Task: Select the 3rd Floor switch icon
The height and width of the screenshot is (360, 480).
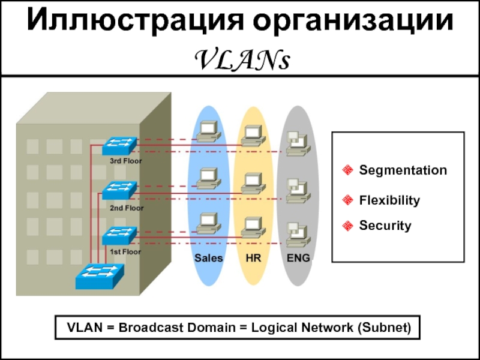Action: click(x=119, y=146)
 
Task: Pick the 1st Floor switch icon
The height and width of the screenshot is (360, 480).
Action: click(x=119, y=235)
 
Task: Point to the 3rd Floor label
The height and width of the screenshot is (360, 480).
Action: click(x=126, y=161)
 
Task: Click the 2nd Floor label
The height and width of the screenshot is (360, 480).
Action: click(x=126, y=208)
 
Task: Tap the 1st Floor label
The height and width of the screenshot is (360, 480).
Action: click(x=125, y=252)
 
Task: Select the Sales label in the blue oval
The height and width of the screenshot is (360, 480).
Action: click(x=208, y=258)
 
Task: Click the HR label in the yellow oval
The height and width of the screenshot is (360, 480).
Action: click(x=253, y=258)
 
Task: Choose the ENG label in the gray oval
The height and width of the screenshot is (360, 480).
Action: click(x=298, y=258)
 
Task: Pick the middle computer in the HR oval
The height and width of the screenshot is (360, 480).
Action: click(x=252, y=182)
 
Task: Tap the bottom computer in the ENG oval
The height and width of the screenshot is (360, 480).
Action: click(x=297, y=233)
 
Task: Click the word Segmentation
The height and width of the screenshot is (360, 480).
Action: click(x=403, y=170)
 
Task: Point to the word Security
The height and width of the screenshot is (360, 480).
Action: click(x=385, y=226)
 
